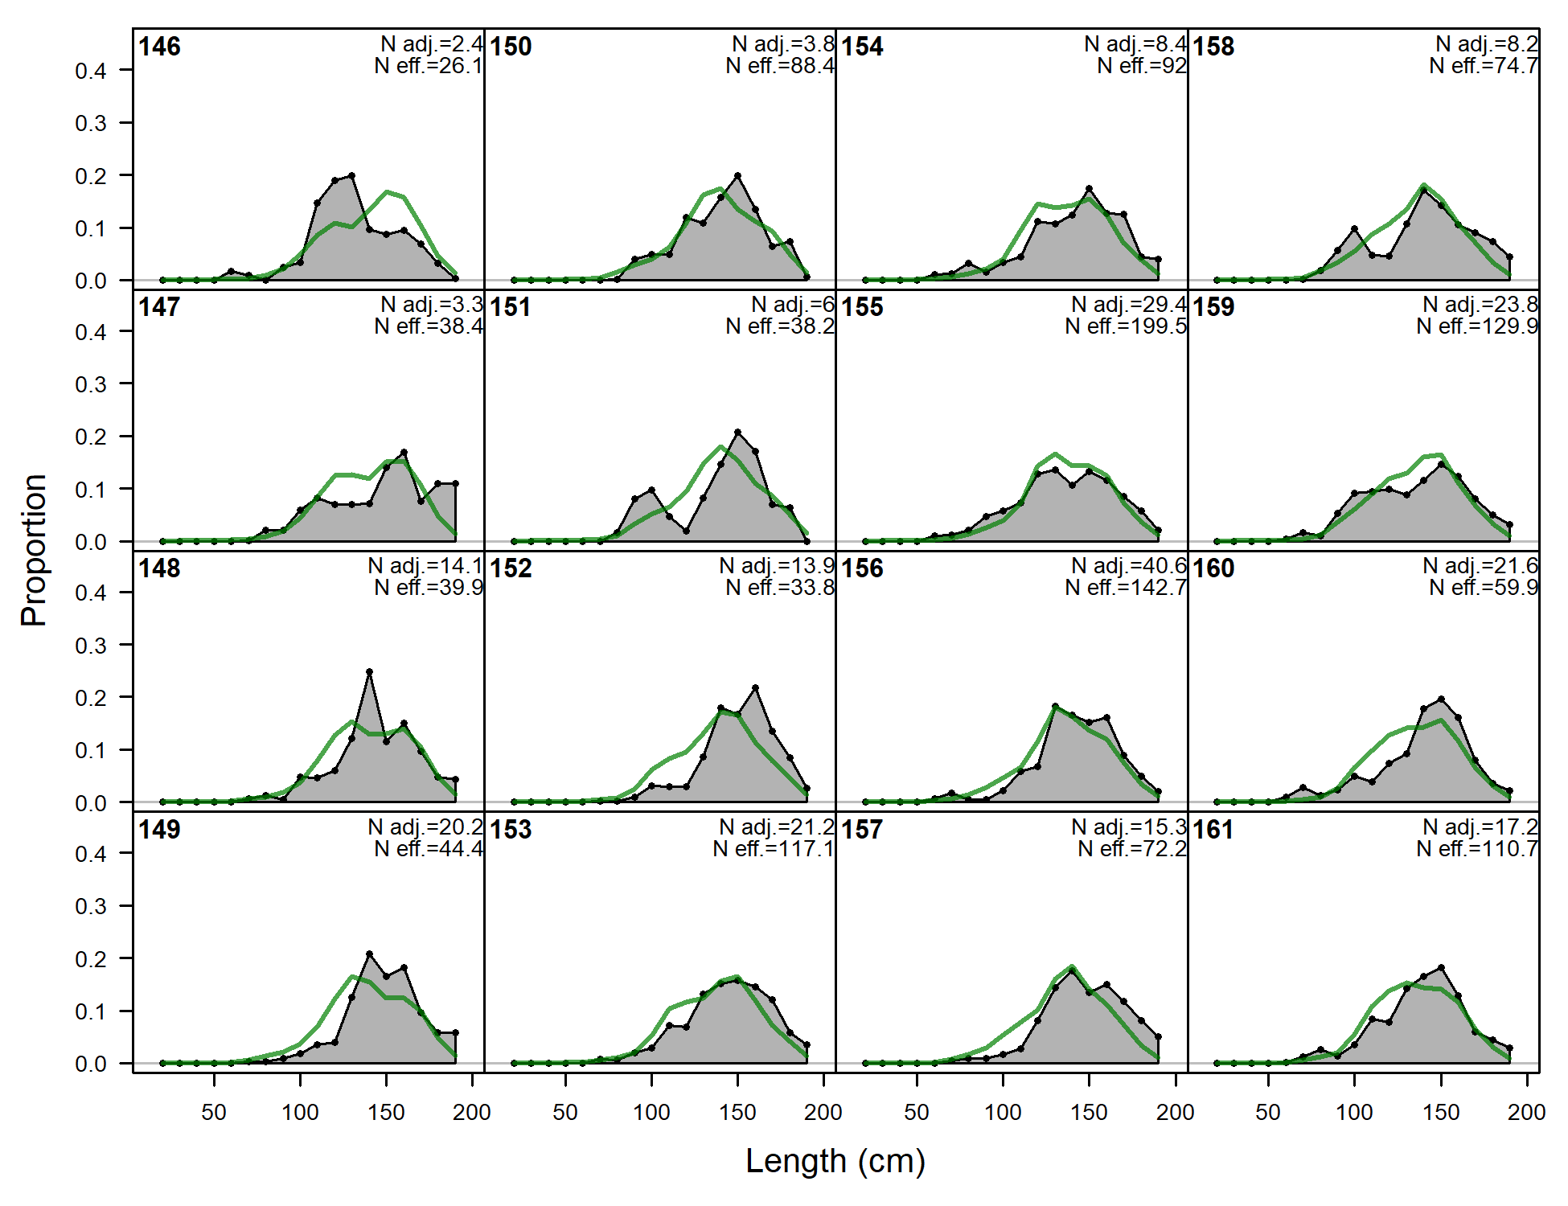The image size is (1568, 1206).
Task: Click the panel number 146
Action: pos(159,47)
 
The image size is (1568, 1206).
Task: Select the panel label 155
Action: pos(862,307)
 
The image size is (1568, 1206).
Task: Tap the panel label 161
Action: pos(1213,830)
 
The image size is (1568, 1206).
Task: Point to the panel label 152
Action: pos(511,568)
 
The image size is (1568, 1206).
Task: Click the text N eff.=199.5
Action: pos(1126,326)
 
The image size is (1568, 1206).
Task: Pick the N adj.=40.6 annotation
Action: pos(1129,566)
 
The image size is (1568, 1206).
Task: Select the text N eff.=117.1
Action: pos(774,849)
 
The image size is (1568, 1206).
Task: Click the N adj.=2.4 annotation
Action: pos(432,44)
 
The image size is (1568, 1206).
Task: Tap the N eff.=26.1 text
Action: pos(429,66)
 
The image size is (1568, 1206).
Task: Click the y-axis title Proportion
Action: pos(34,550)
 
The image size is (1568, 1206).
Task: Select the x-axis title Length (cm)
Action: pos(835,1161)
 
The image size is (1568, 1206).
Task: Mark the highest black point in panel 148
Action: pos(369,671)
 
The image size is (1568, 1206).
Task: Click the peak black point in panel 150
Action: pos(737,175)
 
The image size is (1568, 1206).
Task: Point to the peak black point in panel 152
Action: pos(755,687)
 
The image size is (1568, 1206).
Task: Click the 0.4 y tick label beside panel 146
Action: pos(91,71)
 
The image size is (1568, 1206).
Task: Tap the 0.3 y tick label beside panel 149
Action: pos(91,906)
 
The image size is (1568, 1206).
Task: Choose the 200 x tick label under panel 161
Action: pos(1526,1113)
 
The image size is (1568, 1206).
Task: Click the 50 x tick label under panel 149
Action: pos(214,1113)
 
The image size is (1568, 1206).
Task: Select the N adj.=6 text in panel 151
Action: pos(793,305)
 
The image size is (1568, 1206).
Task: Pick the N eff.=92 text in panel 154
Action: pos(1142,66)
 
